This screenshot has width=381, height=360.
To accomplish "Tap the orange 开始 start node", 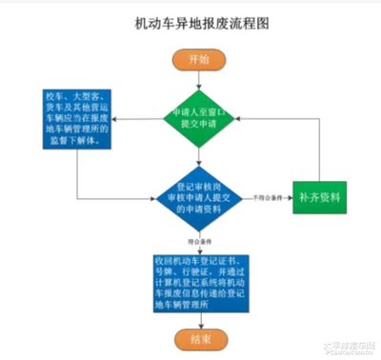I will click(x=199, y=59).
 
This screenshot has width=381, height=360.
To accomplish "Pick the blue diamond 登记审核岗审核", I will click(x=199, y=197).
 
